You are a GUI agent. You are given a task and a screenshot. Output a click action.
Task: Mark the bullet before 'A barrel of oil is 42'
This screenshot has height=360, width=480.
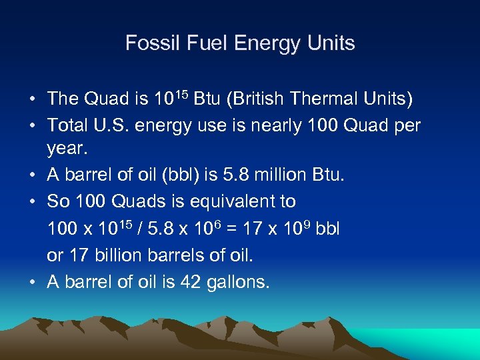tap(33, 282)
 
